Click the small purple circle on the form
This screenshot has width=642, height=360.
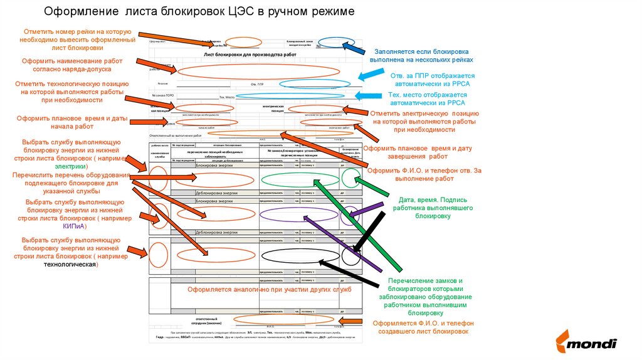[350, 215]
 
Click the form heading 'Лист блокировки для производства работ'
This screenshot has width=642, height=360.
[250, 55]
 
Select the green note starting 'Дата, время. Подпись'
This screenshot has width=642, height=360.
[433, 208]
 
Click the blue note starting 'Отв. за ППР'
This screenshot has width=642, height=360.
[429, 79]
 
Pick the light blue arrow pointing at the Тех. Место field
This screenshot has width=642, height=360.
[369, 97]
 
